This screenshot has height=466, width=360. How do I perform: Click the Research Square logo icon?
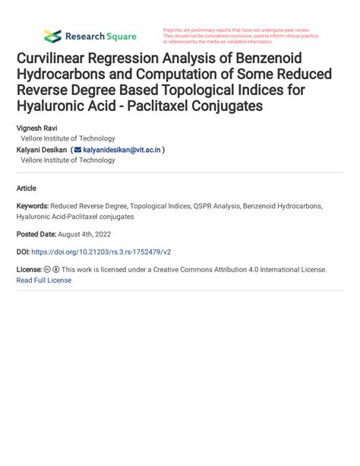(x=52, y=36)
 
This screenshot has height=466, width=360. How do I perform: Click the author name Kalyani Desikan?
(x=42, y=150)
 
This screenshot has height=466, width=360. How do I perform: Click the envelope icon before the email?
(x=77, y=150)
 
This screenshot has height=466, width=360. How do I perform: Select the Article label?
(x=26, y=188)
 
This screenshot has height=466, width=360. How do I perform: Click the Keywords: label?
(x=33, y=206)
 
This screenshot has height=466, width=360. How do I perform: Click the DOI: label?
(x=23, y=252)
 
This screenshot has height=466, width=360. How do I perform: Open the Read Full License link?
(x=44, y=281)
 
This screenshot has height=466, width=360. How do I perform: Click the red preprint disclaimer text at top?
(x=241, y=36)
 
